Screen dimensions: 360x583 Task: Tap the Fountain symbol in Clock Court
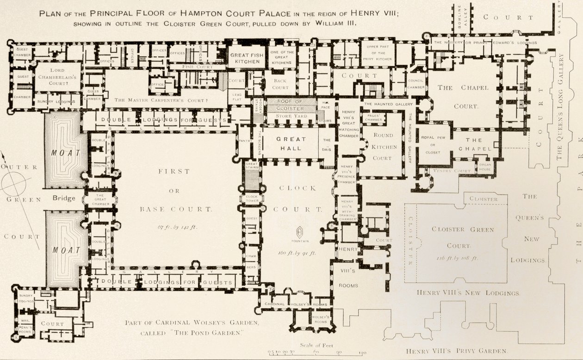click(299, 232)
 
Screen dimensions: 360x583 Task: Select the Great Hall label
click(291, 143)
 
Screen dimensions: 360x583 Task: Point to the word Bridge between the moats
click(64, 198)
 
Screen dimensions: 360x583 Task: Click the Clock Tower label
click(251, 199)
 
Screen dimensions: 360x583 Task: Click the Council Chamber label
click(416, 84)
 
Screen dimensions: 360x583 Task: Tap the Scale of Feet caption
click(316, 345)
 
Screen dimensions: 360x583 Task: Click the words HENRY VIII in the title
click(378, 13)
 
